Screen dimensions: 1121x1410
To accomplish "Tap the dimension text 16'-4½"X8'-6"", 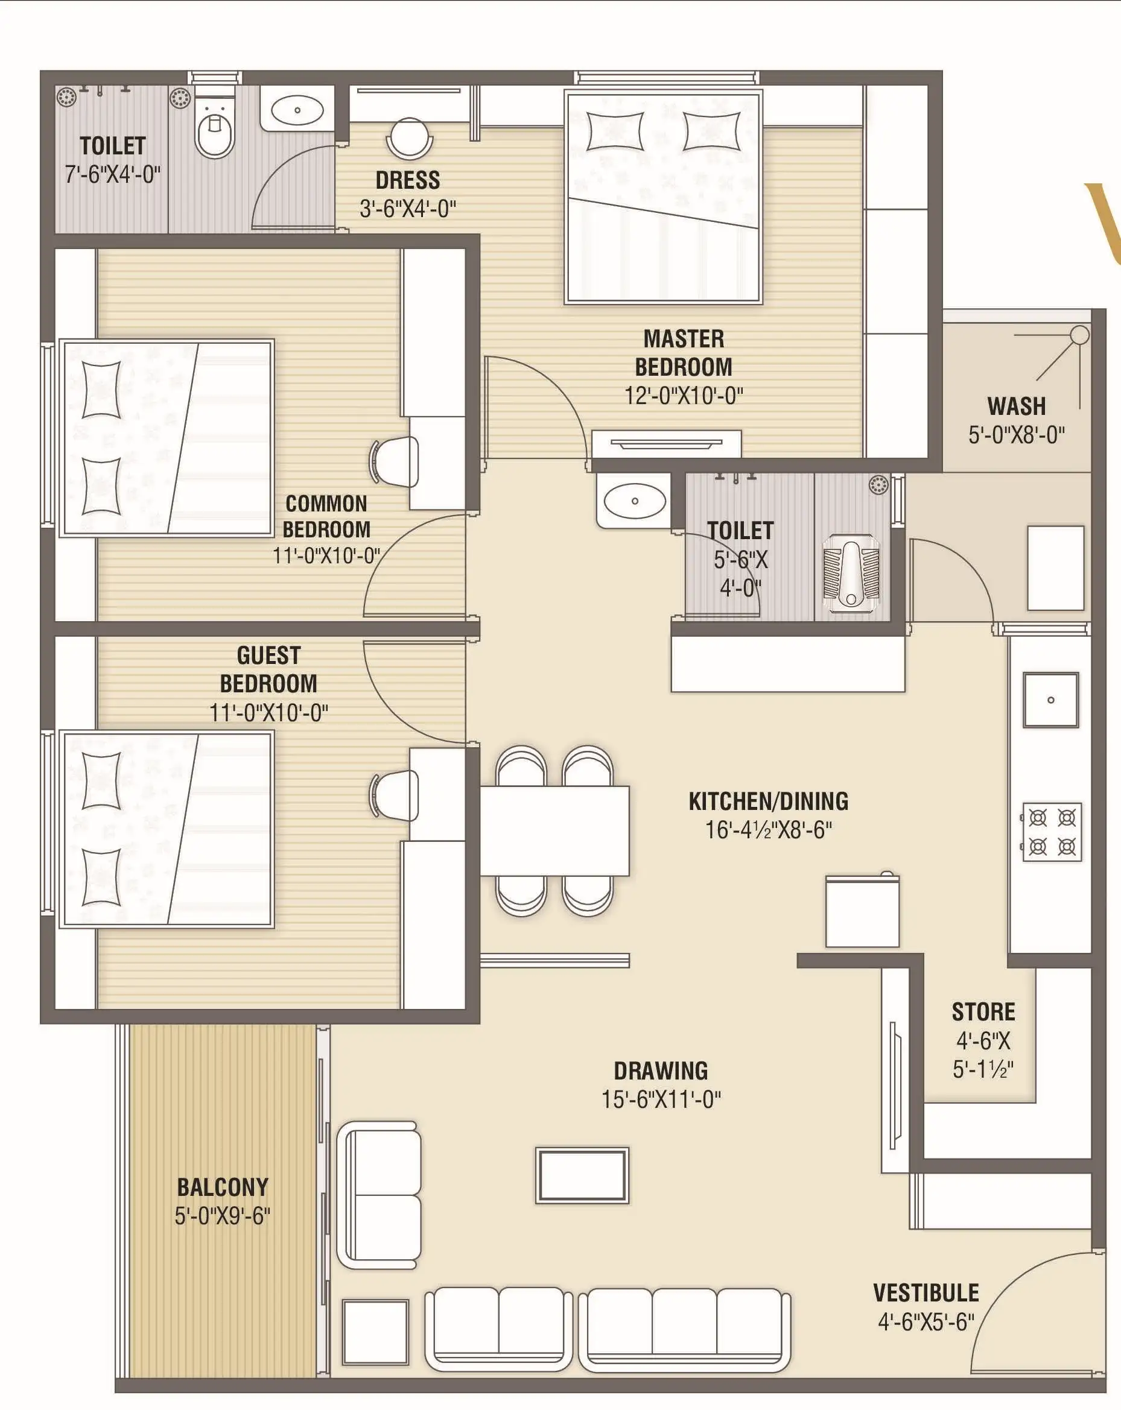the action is tap(768, 830).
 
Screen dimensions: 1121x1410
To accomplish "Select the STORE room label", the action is tap(983, 1012).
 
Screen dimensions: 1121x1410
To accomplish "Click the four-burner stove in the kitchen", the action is tap(1052, 832).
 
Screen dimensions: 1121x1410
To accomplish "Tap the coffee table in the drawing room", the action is tap(582, 1175).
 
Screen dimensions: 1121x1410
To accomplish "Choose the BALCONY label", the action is tap(223, 1187).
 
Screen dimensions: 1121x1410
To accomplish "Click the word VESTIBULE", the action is tap(926, 1293).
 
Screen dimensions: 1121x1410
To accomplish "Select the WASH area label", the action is tap(1016, 406).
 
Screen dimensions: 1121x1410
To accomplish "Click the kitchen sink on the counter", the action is tap(1050, 699).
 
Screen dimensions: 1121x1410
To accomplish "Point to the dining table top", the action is tap(554, 830).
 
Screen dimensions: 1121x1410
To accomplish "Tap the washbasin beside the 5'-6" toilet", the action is tap(634, 501).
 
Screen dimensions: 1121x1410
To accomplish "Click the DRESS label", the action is tap(408, 180).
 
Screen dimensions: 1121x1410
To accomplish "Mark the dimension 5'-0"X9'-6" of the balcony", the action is tap(223, 1216).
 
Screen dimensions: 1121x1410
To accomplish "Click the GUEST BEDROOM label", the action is tap(268, 669).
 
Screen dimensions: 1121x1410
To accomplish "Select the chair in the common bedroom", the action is tap(395, 462).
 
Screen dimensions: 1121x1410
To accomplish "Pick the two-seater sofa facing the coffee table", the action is tap(379, 1196).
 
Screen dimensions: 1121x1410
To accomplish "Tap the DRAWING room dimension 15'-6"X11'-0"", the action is tap(661, 1099).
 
